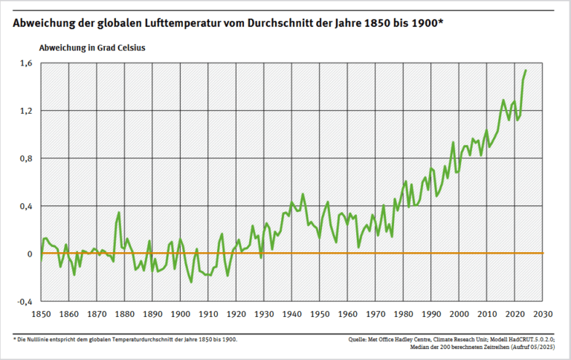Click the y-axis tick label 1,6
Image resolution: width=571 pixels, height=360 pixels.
[26, 63]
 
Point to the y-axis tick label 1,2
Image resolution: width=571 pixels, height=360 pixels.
[26, 111]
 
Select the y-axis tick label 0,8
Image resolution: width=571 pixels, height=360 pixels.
[26, 158]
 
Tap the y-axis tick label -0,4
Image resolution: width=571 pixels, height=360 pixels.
[25, 301]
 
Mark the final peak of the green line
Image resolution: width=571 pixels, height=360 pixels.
[526, 71]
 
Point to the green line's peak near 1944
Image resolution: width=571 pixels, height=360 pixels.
[303, 195]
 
